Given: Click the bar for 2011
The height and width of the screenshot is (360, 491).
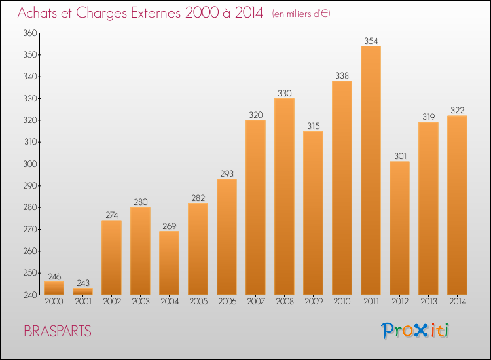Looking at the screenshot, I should pyautogui.click(x=371, y=170).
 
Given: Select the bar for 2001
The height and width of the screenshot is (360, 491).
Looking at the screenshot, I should pyautogui.click(x=82, y=291).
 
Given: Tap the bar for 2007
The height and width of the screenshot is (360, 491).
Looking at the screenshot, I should pyautogui.click(x=255, y=207).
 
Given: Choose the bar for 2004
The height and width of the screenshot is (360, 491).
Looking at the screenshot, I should pyautogui.click(x=169, y=262).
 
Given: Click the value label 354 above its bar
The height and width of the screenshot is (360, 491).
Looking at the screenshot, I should pyautogui.click(x=371, y=41).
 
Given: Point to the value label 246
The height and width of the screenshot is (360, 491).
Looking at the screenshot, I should pyautogui.click(x=54, y=276).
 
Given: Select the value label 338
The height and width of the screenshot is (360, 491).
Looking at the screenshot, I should pyautogui.click(x=342, y=75).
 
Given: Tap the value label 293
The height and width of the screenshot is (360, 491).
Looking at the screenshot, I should pyautogui.click(x=227, y=173).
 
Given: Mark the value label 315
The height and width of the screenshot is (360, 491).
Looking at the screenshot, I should pyautogui.click(x=313, y=126).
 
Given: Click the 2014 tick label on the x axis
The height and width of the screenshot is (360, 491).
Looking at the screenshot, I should pyautogui.click(x=457, y=302).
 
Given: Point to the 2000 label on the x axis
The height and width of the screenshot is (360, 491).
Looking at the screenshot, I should pyautogui.click(x=54, y=302).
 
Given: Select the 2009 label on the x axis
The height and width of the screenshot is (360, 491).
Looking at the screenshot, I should pyautogui.click(x=313, y=302).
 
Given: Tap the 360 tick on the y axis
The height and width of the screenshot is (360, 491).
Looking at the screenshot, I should pyautogui.click(x=29, y=33).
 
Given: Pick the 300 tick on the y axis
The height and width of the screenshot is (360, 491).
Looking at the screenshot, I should pyautogui.click(x=29, y=164).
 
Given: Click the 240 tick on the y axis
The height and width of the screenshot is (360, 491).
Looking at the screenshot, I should pyautogui.click(x=29, y=295).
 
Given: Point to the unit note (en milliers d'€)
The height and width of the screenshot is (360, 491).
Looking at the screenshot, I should pyautogui.click(x=301, y=14).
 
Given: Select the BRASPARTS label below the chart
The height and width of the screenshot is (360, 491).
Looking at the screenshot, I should pyautogui.click(x=58, y=331).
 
